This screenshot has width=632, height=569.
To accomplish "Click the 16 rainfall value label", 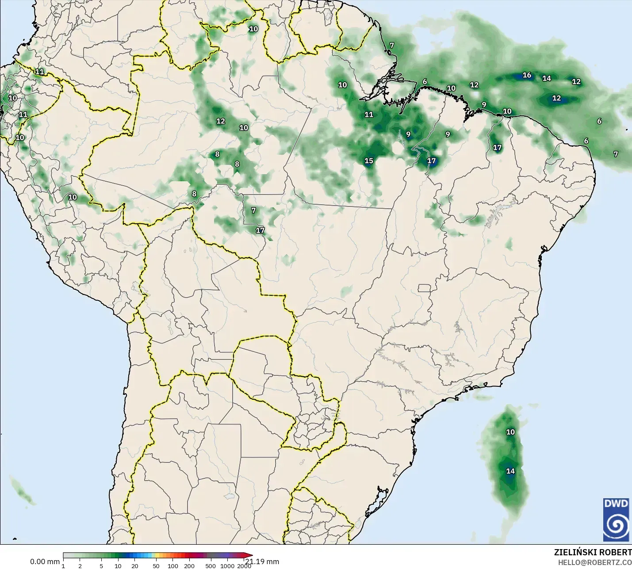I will click(527, 75).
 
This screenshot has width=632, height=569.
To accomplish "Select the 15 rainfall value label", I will click(369, 161).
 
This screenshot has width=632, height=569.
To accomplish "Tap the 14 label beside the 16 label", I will click(547, 78).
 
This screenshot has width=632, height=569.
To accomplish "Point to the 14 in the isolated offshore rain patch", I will click(510, 471).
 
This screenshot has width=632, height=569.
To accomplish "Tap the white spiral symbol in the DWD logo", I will click(616, 526).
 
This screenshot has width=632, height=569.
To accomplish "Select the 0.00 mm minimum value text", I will click(45, 561).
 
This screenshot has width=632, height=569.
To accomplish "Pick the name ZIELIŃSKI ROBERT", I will click(593, 552).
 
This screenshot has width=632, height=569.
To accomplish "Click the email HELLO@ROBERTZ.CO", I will click(594, 562).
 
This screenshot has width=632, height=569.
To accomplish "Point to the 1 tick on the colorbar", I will click(63, 566).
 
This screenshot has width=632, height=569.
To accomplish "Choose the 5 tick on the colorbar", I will click(101, 566).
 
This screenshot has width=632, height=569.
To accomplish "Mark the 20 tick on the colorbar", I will click(134, 566).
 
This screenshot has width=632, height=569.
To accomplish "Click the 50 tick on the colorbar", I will click(156, 566).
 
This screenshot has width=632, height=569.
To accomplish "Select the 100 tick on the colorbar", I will click(173, 566).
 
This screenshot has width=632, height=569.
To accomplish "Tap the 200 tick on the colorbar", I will click(189, 566).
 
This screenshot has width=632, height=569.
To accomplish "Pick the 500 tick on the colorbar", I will click(211, 566).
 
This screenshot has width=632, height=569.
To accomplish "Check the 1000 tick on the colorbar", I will click(227, 566).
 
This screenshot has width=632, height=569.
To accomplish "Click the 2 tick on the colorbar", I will click(80, 566).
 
